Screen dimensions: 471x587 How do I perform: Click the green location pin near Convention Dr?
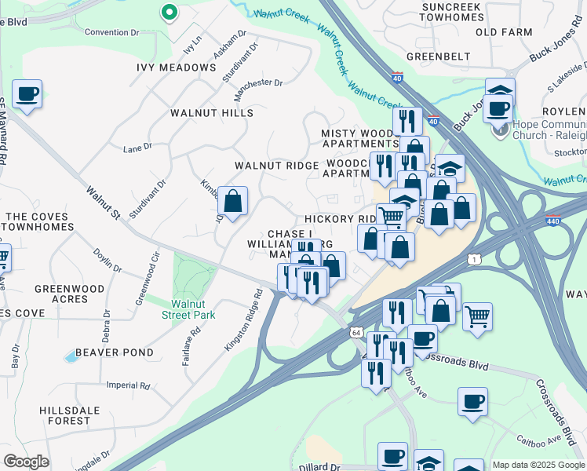[x=168, y=13]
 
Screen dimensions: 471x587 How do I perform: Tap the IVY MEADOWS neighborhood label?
[x=177, y=68]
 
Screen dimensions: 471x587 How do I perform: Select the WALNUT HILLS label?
[x=212, y=113]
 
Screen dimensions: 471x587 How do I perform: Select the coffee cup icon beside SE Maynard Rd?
[x=27, y=94]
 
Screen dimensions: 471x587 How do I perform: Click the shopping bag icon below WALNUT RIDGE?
[x=233, y=201]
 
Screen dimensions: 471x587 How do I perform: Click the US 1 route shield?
[x=472, y=258]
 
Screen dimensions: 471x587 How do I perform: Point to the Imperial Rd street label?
[x=128, y=385]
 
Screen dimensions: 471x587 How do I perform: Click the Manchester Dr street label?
[x=257, y=82]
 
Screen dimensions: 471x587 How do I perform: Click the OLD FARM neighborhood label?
[x=498, y=32]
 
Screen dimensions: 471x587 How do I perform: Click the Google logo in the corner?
[x=27, y=461]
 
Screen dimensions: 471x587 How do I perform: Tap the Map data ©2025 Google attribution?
[x=538, y=465]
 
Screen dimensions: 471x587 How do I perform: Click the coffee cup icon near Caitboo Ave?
[x=472, y=402]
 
